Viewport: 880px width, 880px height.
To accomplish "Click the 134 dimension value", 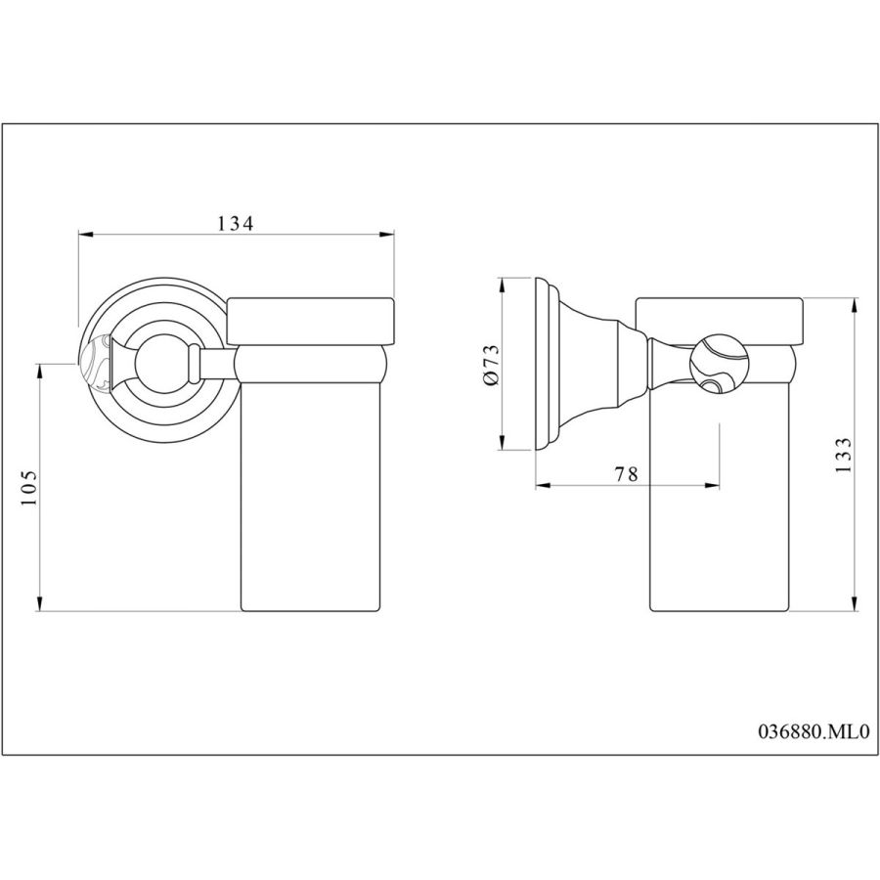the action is [x=235, y=223].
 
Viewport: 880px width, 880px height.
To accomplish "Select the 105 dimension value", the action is [x=28, y=487].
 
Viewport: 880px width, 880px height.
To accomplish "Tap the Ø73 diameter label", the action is [x=490, y=365].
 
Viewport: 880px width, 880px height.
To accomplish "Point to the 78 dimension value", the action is [x=627, y=473].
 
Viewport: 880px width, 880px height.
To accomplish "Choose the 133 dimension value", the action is [x=844, y=455].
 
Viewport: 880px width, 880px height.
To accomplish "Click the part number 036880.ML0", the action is [x=814, y=731].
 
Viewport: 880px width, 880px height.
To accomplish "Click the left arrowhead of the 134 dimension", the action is [x=85, y=235].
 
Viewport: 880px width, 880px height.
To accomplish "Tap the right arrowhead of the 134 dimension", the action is [x=387, y=235].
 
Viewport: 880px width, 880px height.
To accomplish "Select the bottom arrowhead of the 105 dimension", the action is [x=39, y=603].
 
